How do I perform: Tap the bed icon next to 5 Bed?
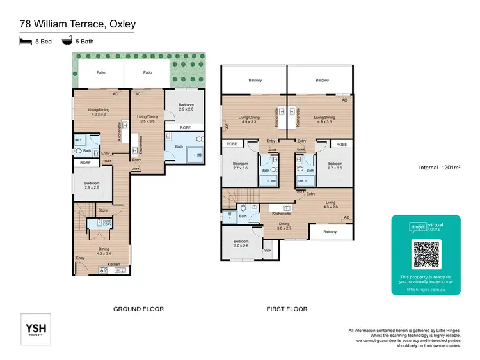pyautogui.click(x=25, y=40)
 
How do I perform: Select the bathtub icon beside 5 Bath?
pyautogui.click(x=66, y=40)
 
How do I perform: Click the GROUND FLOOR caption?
pyautogui.click(x=138, y=309)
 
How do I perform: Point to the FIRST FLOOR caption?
pyautogui.click(x=287, y=309)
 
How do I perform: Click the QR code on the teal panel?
pyautogui.click(x=426, y=254)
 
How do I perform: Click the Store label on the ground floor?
pyautogui.click(x=102, y=210)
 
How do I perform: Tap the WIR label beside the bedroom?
pyautogui.click(x=268, y=251)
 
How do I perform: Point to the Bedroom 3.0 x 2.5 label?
pyautogui.click(x=241, y=244)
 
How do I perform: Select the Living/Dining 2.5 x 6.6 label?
pyautogui.click(x=148, y=118)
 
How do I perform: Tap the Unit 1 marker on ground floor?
pyautogui.click(x=135, y=168)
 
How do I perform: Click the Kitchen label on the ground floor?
pyautogui.click(x=113, y=264)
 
